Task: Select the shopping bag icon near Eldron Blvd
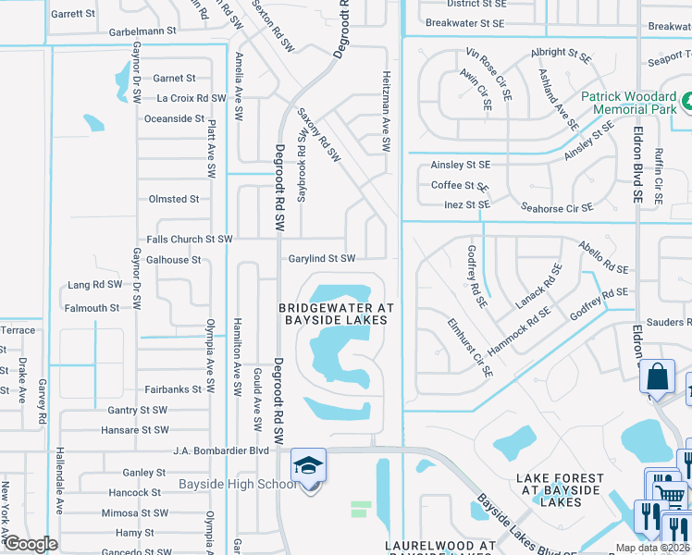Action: click(x=656, y=377)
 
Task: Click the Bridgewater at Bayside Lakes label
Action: click(x=337, y=314)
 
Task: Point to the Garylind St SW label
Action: click(x=321, y=259)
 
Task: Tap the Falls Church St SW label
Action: click(x=189, y=239)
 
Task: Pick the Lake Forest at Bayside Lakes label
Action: click(x=560, y=490)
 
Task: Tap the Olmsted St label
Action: click(x=174, y=199)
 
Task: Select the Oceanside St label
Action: click(x=174, y=118)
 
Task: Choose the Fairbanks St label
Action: click(x=172, y=389)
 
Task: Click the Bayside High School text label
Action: click(x=238, y=485)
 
